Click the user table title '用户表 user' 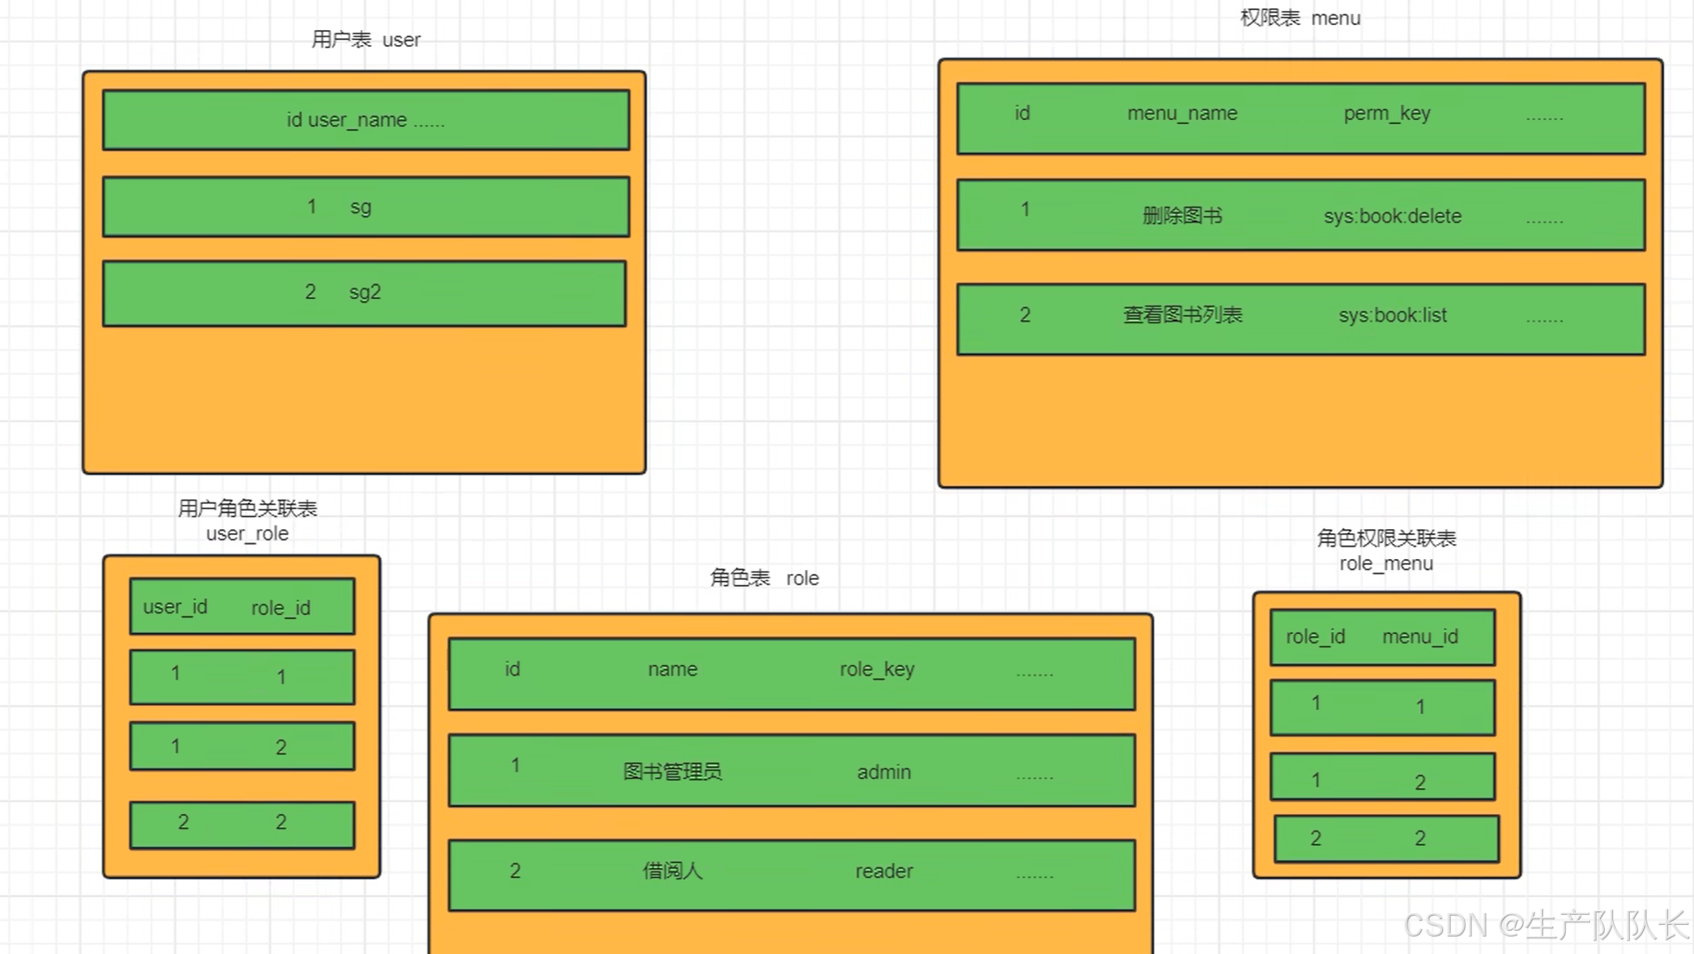[x=366, y=40]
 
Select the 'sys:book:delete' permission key [x=1392, y=217]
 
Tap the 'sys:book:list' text [x=1392, y=316]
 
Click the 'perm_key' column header [x=1387, y=113]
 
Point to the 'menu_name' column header [x=1182, y=113]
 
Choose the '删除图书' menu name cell [x=1182, y=217]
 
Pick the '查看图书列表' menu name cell [x=1182, y=316]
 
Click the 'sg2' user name [x=365, y=292]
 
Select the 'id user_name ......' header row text [x=366, y=120]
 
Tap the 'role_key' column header [x=877, y=669]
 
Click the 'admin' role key [x=884, y=772]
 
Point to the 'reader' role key [x=884, y=872]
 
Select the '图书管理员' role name [x=672, y=772]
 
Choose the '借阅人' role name [x=672, y=872]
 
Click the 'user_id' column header [x=175, y=607]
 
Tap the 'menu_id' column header [x=1420, y=637]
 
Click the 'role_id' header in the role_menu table [x=1315, y=637]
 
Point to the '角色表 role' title [x=764, y=578]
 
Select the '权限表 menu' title [x=1300, y=18]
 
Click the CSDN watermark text [x=1546, y=926]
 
